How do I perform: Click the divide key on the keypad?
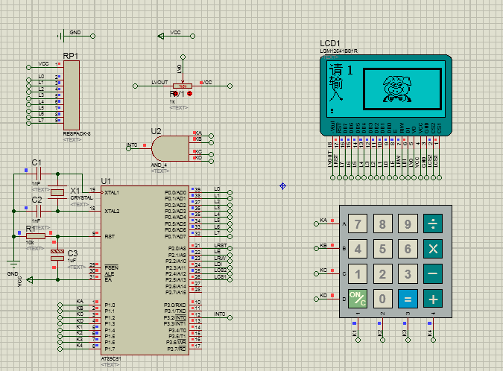432,223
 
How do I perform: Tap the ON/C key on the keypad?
358,299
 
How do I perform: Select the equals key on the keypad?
407,299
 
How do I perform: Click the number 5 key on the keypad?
383,249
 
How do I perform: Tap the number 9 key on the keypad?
407,223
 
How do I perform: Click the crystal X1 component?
57,193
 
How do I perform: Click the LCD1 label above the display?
329,43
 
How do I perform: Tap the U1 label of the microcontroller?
106,181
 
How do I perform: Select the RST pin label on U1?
109,236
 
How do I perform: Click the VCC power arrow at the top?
162,35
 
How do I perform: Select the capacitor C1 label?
37,162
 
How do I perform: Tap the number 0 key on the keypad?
383,299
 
